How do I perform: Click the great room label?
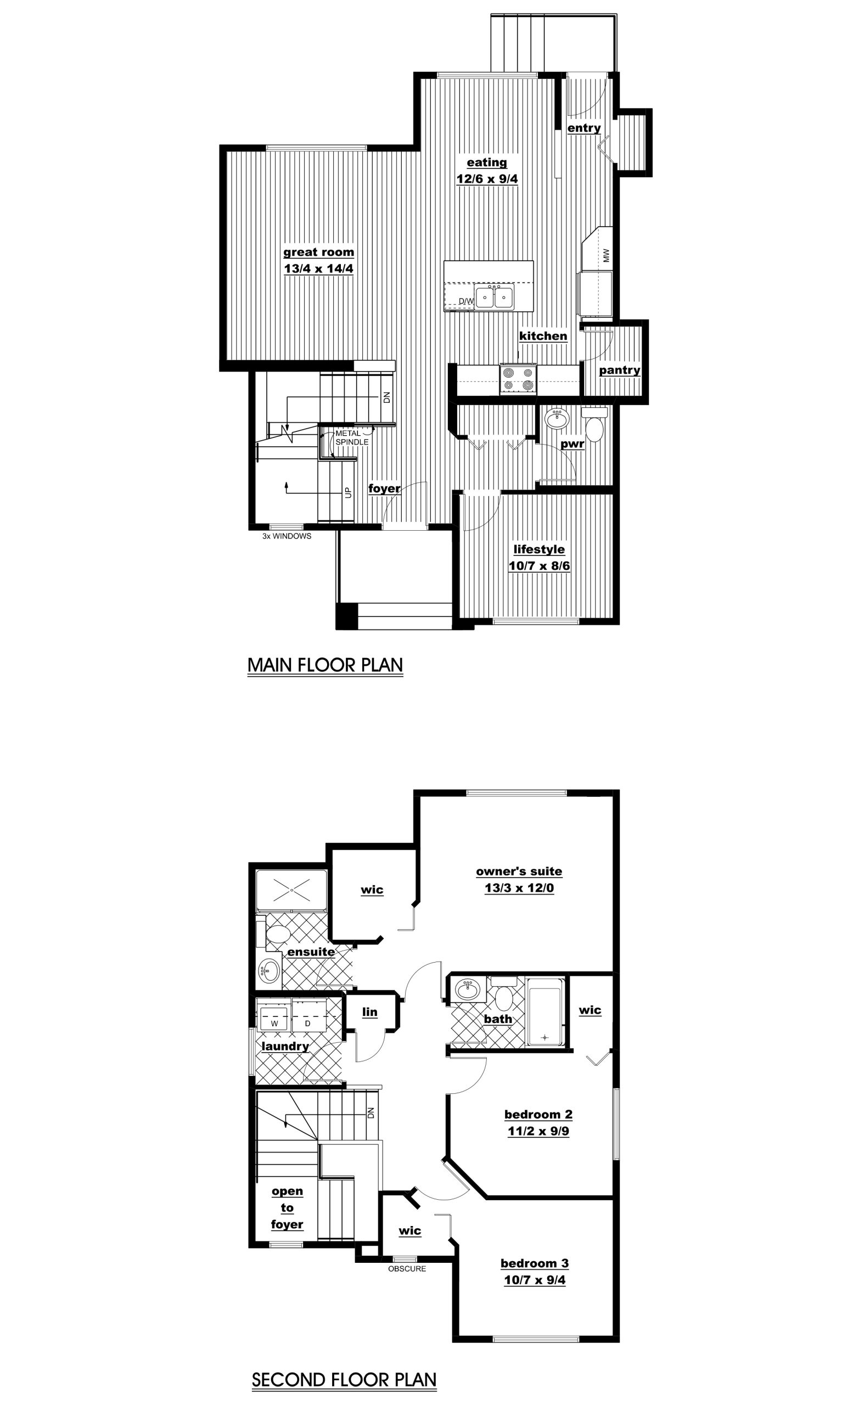[x=319, y=252]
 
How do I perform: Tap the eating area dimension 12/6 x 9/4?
[x=487, y=178]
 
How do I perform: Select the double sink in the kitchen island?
[x=495, y=296]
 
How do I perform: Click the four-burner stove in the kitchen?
[x=518, y=379]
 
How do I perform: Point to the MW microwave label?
[x=606, y=255]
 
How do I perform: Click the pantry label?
[x=619, y=370]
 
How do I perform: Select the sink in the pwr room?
[x=557, y=419]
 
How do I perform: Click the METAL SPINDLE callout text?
[x=352, y=437]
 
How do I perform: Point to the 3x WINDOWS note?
[x=287, y=536]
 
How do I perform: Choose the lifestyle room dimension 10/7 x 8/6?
[x=540, y=566]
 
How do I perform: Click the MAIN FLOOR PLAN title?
[x=325, y=665]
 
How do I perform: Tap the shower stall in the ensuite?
[x=291, y=890]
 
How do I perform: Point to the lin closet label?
[x=369, y=1011]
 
